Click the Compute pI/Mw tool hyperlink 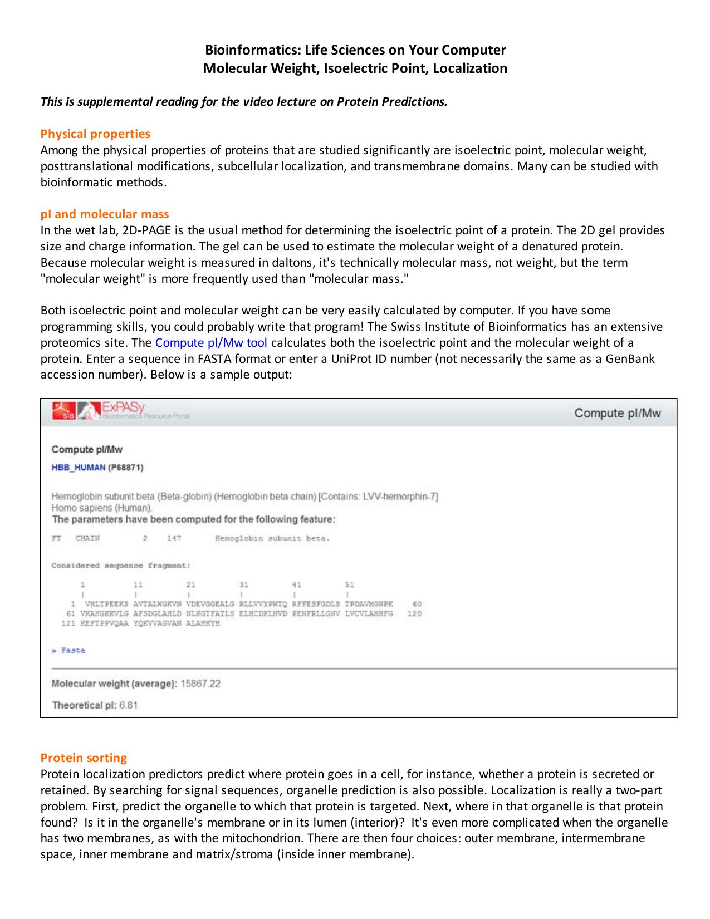(x=211, y=342)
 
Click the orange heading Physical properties (x=95, y=134)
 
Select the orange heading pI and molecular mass (x=105, y=214)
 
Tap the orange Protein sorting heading (x=84, y=758)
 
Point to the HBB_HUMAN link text (x=78, y=467)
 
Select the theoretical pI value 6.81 (x=129, y=705)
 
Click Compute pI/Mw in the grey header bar (x=618, y=413)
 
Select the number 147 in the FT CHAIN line (x=174, y=538)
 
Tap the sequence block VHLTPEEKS (x=106, y=604)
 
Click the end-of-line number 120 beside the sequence (x=414, y=613)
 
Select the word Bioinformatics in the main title (x=245, y=50)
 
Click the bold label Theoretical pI (x=84, y=705)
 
